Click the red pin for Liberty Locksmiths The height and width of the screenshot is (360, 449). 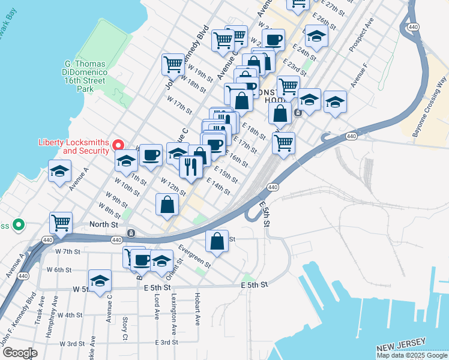tap(119, 145)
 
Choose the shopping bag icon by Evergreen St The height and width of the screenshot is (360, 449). tap(217, 241)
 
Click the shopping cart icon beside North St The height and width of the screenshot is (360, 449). tap(61, 223)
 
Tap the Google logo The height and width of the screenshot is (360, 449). tap(20, 353)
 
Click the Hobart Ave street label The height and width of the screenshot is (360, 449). tap(197, 307)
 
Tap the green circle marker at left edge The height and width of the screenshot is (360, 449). tap(19, 226)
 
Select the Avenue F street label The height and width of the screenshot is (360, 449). tap(359, 75)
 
